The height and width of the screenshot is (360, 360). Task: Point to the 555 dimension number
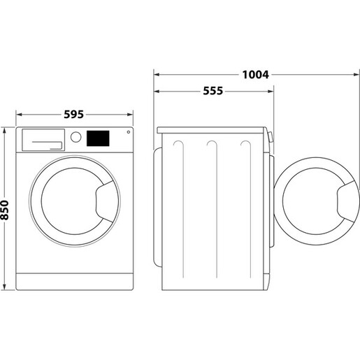pyautogui.click(x=214, y=91)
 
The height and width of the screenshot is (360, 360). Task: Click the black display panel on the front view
pyautogui.click(x=98, y=138)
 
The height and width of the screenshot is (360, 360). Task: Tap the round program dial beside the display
pyautogui.click(x=77, y=138)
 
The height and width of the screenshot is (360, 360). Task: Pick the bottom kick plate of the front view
pyautogui.click(x=75, y=282)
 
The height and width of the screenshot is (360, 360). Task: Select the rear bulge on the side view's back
pyautogui.click(x=157, y=210)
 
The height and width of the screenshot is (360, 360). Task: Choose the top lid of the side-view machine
pyautogui.click(x=213, y=129)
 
